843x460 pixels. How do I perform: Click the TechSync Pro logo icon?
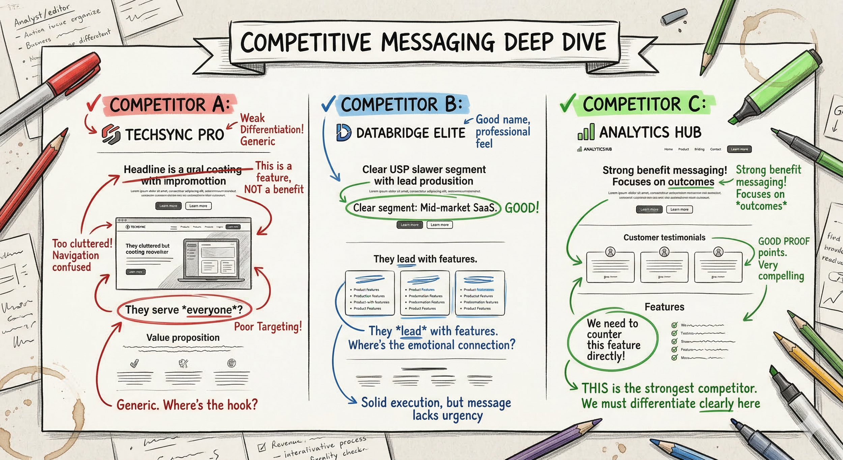111,134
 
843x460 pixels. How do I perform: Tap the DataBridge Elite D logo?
344,132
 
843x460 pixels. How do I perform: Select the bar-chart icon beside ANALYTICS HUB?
586,132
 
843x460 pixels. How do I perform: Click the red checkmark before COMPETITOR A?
93,103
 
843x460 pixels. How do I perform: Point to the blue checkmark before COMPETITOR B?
328,103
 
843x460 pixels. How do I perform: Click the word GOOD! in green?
522,208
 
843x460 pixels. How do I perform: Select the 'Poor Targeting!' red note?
268,326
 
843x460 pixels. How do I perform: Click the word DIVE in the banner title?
584,42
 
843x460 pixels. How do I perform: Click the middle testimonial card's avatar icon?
664,252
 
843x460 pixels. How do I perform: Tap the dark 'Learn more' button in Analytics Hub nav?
739,149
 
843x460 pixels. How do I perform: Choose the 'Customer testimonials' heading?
664,237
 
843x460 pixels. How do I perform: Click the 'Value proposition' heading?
183,338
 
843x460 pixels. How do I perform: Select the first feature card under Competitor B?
370,293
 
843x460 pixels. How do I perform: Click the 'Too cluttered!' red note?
82,243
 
